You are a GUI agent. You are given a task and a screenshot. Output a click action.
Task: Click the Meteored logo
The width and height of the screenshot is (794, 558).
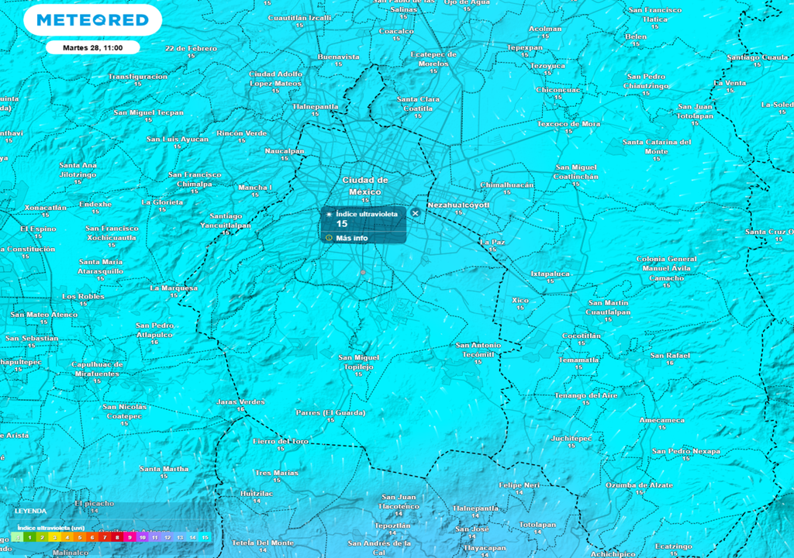tap(92, 20)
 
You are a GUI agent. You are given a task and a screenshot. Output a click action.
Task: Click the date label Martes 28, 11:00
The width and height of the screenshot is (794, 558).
tap(91, 47)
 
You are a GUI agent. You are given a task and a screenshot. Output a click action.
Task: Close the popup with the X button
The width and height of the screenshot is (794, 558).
tap(415, 212)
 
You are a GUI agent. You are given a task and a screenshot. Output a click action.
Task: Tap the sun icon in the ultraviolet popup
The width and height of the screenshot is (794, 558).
tap(329, 213)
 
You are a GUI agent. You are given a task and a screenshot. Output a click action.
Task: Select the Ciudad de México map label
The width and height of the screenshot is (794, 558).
tap(365, 185)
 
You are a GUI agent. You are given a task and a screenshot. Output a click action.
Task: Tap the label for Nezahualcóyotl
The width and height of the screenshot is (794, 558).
tap(458, 205)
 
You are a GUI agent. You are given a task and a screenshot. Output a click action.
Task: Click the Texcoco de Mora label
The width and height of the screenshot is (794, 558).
tap(568, 123)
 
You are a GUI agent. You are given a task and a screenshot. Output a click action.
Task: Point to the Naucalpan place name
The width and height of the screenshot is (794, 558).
tap(285, 151)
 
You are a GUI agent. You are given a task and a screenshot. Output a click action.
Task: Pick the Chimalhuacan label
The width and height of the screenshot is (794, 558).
tap(507, 185)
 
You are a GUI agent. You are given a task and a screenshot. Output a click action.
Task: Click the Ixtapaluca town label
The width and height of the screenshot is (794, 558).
tap(550, 274)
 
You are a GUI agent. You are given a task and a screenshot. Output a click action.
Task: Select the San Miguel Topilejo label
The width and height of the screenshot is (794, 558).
tap(359, 361)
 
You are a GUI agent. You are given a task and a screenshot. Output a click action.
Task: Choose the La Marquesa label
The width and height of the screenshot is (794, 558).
tap(174, 288)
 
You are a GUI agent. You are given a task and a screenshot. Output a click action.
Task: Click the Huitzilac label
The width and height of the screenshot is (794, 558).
tap(257, 493)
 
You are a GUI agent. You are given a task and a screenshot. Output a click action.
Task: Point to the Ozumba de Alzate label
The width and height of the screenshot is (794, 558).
tap(639, 484)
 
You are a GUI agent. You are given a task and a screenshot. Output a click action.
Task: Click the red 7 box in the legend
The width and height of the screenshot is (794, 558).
tap(105, 537)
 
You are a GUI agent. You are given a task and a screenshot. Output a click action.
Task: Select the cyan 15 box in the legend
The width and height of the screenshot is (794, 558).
tap(205, 537)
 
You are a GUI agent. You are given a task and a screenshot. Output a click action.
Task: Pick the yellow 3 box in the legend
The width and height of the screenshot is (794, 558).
tap(54, 537)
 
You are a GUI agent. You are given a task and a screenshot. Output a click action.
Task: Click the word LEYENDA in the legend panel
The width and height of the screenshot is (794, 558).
tap(30, 511)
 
